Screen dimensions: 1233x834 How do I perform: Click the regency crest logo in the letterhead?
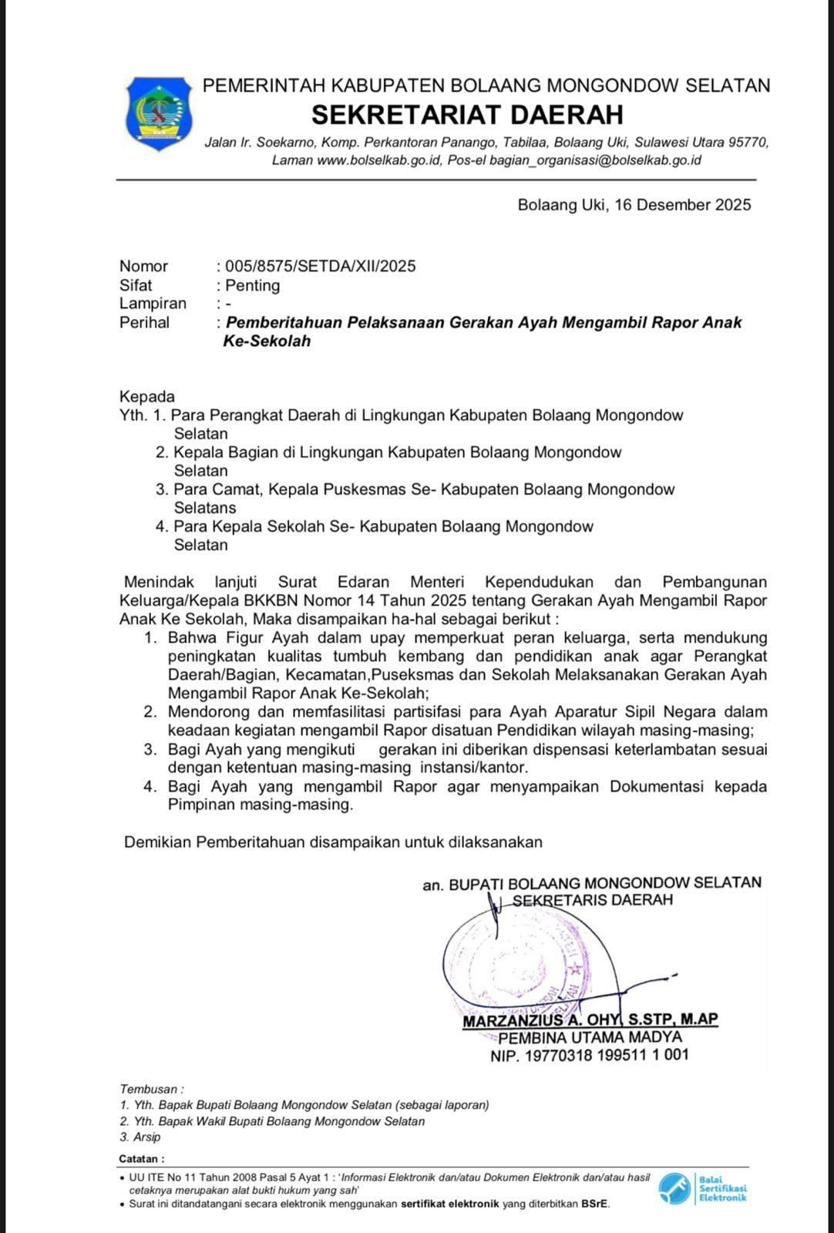coord(158,113)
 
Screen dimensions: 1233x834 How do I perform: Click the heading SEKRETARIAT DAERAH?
coord(467,115)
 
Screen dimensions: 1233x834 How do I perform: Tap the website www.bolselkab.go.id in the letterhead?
coord(378,160)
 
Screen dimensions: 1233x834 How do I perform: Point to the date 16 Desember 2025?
coord(683,205)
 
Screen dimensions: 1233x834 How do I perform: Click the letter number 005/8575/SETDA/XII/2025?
coord(320,267)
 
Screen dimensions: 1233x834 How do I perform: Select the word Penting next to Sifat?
coord(252,285)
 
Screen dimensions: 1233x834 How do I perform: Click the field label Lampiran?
coord(153,304)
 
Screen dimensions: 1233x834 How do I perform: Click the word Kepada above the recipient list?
coord(146,397)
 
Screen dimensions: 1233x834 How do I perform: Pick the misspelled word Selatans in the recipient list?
coord(204,508)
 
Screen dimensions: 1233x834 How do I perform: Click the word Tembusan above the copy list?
coord(149,1089)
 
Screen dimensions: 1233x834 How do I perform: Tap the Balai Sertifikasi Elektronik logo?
coord(702,1188)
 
